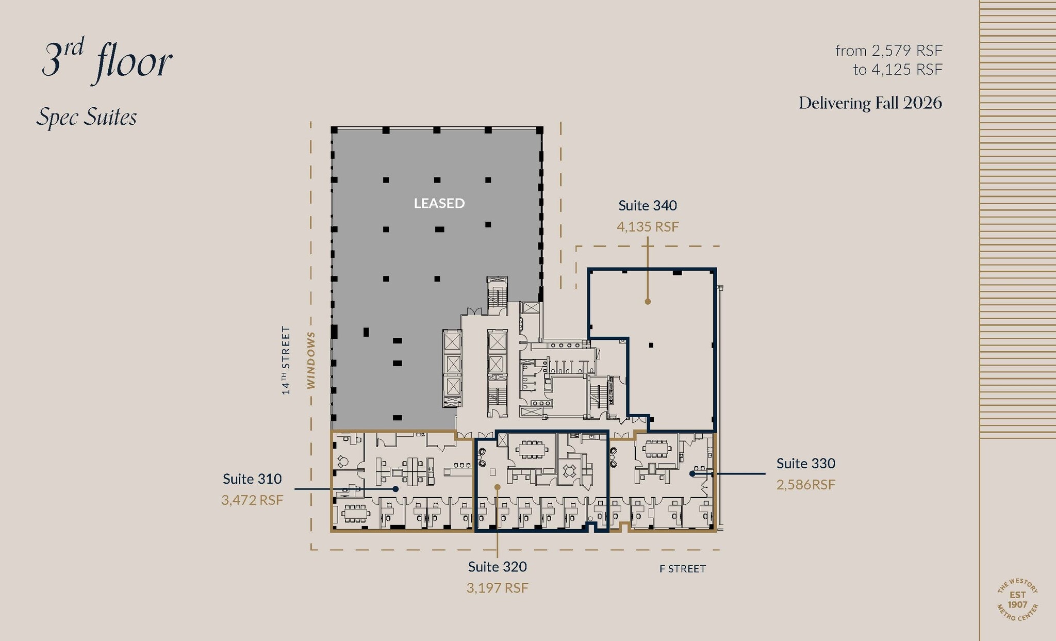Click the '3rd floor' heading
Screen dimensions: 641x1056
[x=107, y=61]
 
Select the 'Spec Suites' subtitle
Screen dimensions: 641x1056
[x=87, y=118]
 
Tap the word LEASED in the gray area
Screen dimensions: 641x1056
[x=439, y=204]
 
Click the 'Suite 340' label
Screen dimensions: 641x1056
[x=648, y=206]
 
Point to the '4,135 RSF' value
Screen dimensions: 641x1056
[x=648, y=227]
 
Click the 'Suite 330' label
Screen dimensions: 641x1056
[x=805, y=464]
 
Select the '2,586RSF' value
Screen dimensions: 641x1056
[x=805, y=485]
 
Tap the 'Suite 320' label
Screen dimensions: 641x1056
[x=497, y=567]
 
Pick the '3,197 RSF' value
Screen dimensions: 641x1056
[x=497, y=588]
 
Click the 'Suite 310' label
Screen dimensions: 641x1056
[x=252, y=479]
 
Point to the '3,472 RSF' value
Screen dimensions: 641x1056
[x=252, y=500]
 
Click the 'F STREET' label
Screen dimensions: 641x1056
[x=682, y=569]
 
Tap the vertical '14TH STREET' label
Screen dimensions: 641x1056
[x=286, y=360]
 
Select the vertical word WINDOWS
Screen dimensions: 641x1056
[x=311, y=360]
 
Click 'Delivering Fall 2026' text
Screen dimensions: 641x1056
[x=870, y=103]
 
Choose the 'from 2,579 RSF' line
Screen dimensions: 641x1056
[x=888, y=51]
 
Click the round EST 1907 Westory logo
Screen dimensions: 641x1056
[x=1017, y=600]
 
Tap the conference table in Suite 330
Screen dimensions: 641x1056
[x=656, y=448]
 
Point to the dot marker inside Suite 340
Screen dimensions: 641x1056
[x=648, y=302]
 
